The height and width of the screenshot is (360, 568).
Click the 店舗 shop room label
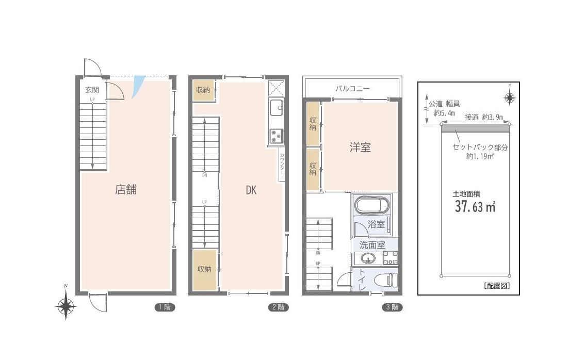point(126,189)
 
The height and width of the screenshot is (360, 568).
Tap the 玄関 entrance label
point(92,89)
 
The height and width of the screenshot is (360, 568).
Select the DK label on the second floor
point(251,190)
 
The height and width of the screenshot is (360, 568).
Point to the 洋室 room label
point(360,147)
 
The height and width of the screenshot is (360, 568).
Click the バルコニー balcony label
point(352,88)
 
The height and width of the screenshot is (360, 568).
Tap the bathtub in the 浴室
point(373,205)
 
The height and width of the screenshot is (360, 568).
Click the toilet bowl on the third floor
point(385,280)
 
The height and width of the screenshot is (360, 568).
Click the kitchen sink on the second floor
point(277,107)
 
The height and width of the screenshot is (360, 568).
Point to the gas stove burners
point(277,136)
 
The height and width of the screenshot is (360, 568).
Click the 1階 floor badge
point(165,307)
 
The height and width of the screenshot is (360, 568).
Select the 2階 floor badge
point(279,307)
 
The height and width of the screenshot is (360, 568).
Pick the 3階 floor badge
point(392,307)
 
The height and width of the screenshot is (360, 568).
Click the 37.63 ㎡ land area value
point(475,207)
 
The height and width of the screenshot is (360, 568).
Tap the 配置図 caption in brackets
point(497,286)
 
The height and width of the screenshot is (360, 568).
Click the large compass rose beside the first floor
point(66,306)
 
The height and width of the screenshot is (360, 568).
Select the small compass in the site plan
point(510,97)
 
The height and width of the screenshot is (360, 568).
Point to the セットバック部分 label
point(480,147)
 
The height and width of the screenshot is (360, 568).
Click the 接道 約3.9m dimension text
point(483,117)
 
